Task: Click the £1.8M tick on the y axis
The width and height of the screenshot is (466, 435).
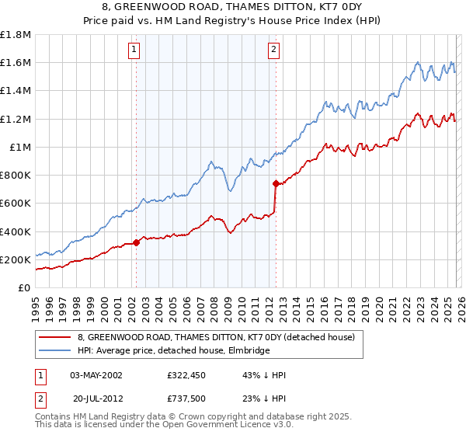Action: (16, 34)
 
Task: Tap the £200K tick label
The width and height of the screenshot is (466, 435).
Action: (16, 259)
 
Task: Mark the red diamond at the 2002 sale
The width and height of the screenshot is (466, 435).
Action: (136, 242)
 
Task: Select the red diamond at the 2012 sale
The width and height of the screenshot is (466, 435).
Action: (276, 184)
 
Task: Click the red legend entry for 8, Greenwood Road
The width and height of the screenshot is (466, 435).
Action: (216, 337)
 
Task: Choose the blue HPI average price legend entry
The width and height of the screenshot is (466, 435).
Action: (173, 351)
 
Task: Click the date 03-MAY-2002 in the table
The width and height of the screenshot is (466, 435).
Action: (96, 375)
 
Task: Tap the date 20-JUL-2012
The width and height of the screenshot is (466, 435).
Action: (96, 398)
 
